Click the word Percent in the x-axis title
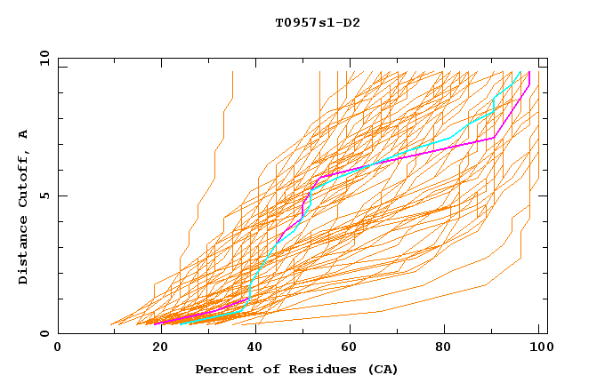coord(221,369)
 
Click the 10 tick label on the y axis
coord(41,58)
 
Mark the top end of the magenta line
coord(529,73)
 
